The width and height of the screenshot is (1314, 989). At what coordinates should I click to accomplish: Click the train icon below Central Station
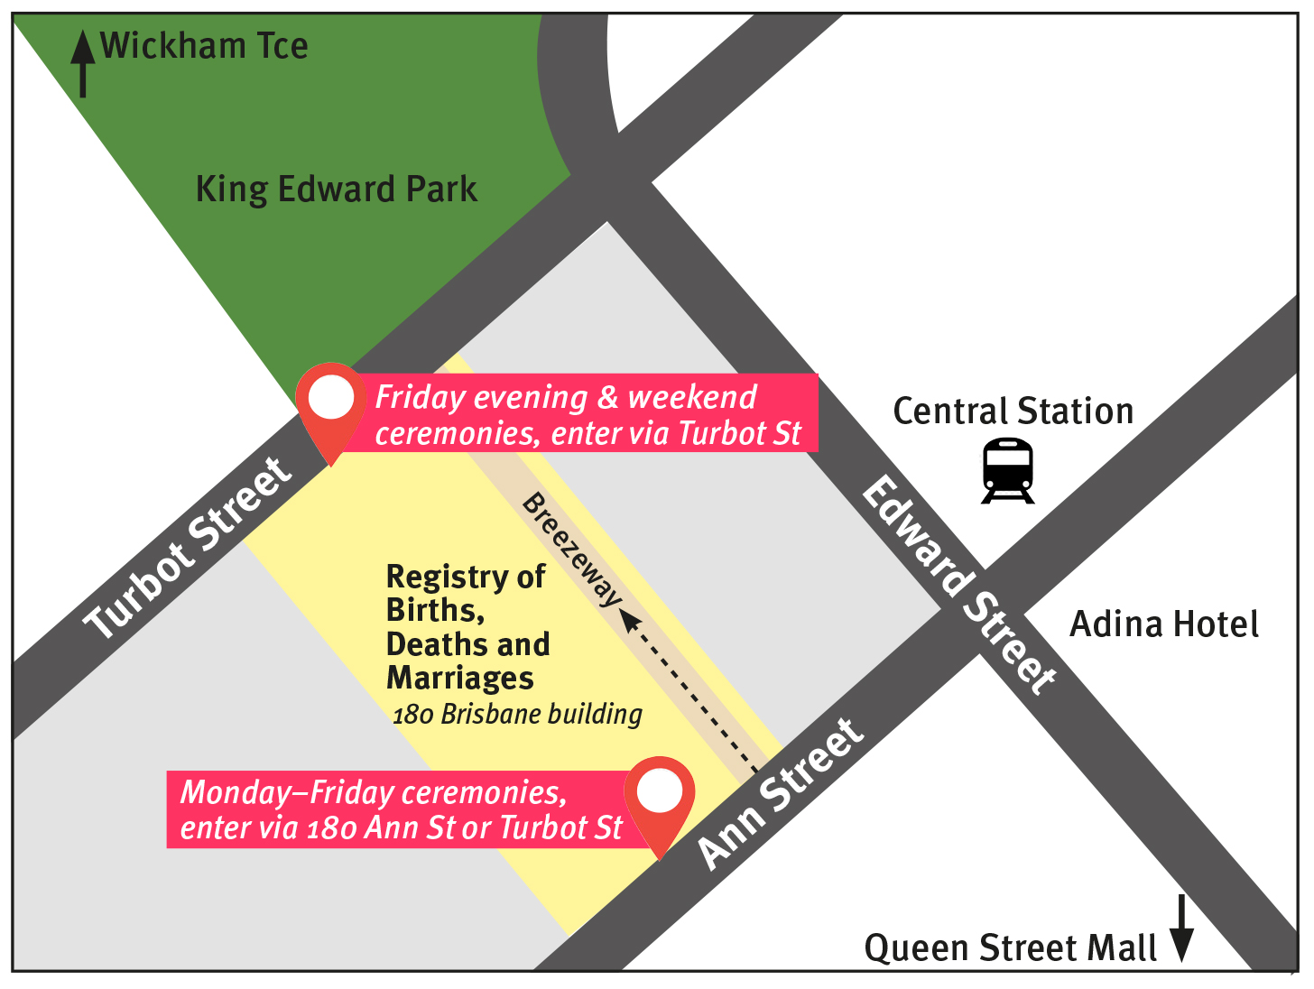[x=1007, y=470]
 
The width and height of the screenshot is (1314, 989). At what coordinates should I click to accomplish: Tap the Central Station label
[x=1013, y=411]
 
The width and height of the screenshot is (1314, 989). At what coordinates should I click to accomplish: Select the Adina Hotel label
[x=1163, y=624]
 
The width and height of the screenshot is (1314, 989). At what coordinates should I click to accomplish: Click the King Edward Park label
[x=336, y=189]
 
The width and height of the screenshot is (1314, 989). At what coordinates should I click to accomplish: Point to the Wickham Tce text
[x=204, y=46]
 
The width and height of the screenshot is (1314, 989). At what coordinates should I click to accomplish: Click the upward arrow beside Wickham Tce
[x=83, y=63]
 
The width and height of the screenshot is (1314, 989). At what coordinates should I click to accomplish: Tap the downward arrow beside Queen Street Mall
[x=1181, y=929]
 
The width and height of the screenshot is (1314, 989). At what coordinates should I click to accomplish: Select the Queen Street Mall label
[x=1010, y=948]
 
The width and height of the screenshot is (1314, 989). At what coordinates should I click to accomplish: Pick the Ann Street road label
[x=781, y=794]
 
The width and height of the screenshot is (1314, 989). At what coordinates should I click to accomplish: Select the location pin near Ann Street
[x=660, y=795]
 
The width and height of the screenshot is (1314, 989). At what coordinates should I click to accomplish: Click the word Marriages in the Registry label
[x=460, y=678]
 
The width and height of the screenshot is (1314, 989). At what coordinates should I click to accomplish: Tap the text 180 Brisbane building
[x=517, y=715]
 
